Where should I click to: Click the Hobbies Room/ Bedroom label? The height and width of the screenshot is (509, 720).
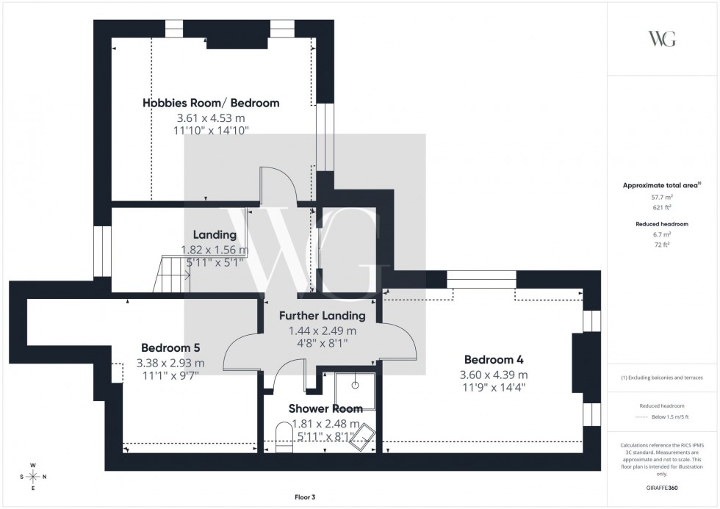[x=211, y=103]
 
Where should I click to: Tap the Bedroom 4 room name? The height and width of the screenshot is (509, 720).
[x=494, y=360]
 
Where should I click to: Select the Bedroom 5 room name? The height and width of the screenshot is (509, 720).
[x=170, y=348]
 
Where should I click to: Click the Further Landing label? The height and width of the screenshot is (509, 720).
[x=322, y=316]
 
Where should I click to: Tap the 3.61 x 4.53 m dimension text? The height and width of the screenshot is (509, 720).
[x=211, y=118]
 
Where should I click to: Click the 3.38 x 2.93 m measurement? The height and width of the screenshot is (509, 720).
[x=170, y=362]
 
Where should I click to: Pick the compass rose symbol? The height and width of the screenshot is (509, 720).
[x=33, y=477]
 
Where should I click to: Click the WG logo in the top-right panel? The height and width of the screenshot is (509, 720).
[x=662, y=39]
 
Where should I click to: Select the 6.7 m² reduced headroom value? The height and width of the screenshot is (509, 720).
[x=662, y=234]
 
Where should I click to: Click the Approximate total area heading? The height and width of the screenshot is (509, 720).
[x=660, y=185]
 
